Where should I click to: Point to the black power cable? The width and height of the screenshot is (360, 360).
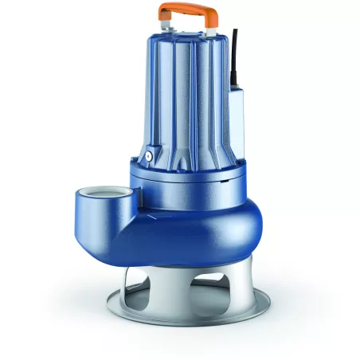pos(234,56)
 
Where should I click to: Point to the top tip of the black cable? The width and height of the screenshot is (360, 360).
pos(234,32)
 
